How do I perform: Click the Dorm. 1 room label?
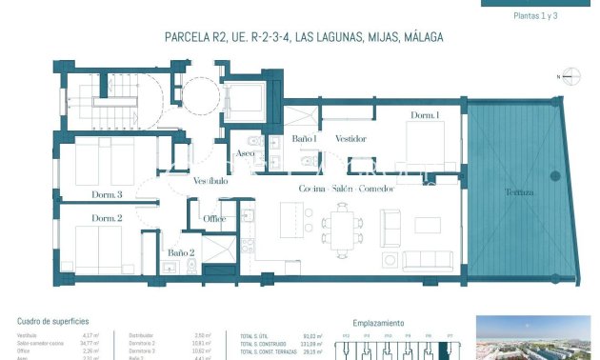click(x=425, y=116)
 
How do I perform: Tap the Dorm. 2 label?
click(x=108, y=219)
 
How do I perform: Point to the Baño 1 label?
click(x=304, y=139)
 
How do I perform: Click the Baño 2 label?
click(x=181, y=253)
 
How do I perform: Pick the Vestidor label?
click(x=350, y=139)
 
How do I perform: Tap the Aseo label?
click(x=246, y=153)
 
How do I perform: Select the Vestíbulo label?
click(x=210, y=181)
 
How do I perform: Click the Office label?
click(x=214, y=219)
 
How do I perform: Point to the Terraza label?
click(x=518, y=192)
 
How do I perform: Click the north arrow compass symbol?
click(x=570, y=76)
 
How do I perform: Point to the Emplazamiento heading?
click(x=378, y=322)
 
